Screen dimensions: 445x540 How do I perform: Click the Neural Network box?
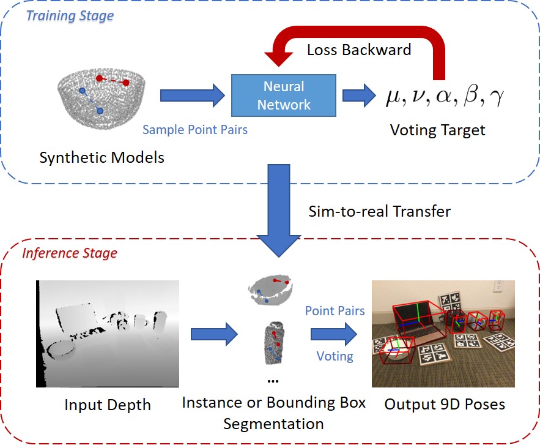click(x=284, y=95)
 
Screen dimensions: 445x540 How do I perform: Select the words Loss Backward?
click(x=359, y=50)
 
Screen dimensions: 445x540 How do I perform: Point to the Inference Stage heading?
click(x=70, y=253)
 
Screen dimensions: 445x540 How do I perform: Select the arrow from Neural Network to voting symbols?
click(x=358, y=95)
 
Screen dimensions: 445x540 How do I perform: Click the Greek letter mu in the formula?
click(x=393, y=97)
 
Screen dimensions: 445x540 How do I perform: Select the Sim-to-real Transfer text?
click(x=380, y=212)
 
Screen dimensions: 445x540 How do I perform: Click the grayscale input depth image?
click(x=108, y=334)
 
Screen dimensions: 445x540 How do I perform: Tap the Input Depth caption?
click(x=108, y=405)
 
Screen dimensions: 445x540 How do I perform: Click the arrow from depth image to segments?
click(x=213, y=334)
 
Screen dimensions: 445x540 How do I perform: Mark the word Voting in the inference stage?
click(x=335, y=356)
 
